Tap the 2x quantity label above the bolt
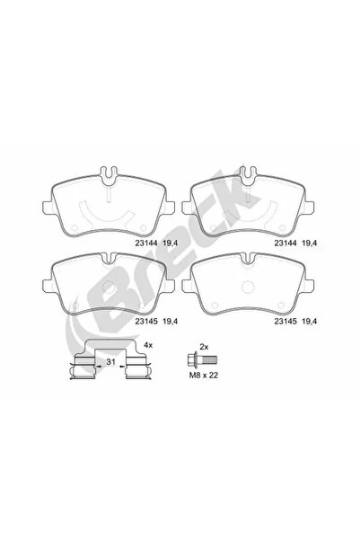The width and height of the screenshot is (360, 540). (203, 345)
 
